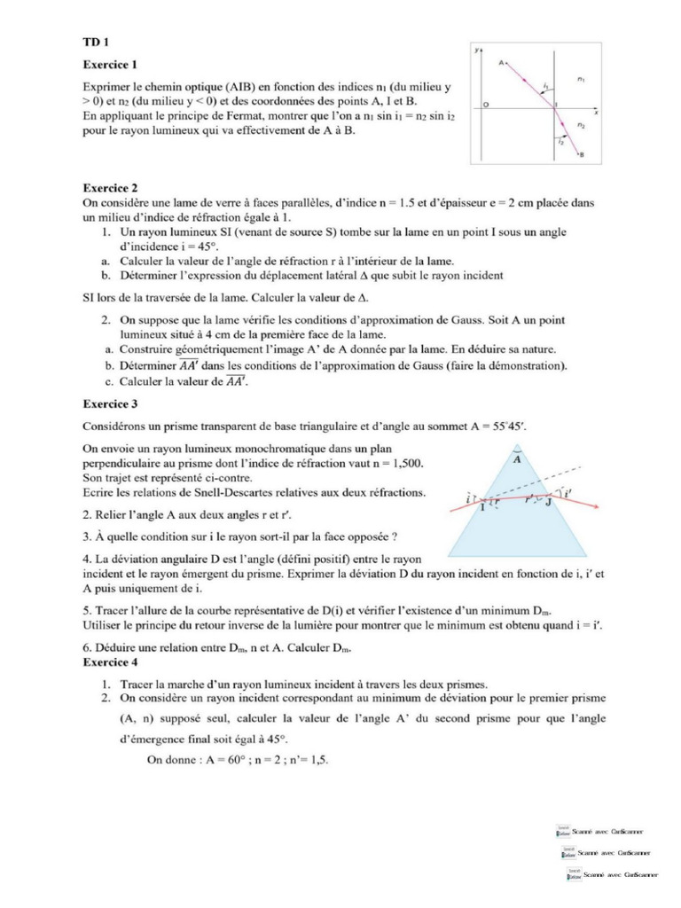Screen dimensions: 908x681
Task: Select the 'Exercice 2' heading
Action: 110,188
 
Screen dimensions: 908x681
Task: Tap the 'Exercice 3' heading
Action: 110,403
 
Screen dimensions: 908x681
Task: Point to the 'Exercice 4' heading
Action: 110,661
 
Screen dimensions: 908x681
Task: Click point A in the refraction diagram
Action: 502,64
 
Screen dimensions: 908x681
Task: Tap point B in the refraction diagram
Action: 582,155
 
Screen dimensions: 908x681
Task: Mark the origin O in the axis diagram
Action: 485,106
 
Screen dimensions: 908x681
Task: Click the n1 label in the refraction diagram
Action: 580,79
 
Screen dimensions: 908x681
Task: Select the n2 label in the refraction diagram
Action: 580,126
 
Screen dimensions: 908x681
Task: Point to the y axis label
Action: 476,50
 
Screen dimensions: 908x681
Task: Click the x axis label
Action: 596,113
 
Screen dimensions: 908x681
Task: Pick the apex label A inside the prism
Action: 518,459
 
